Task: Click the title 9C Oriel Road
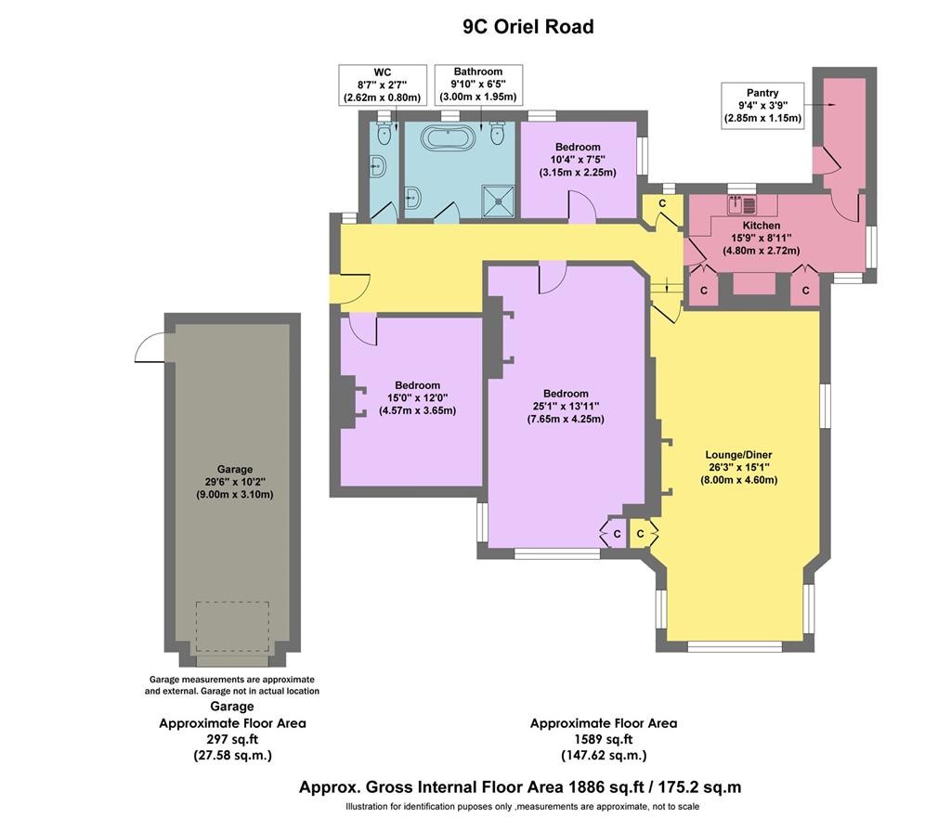[x=528, y=27]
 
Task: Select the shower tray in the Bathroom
[x=499, y=201]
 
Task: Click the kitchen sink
[x=742, y=205]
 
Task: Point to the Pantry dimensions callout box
[x=762, y=105]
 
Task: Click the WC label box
[x=382, y=84]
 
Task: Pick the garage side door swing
[x=150, y=347]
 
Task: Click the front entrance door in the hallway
[x=350, y=289]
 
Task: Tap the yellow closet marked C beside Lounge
[x=641, y=534]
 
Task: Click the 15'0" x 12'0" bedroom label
[x=417, y=398]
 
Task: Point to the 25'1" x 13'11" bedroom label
[x=566, y=406]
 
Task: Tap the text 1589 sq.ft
[x=604, y=739]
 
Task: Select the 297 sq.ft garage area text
[x=232, y=739]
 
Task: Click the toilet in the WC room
[x=384, y=134]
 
